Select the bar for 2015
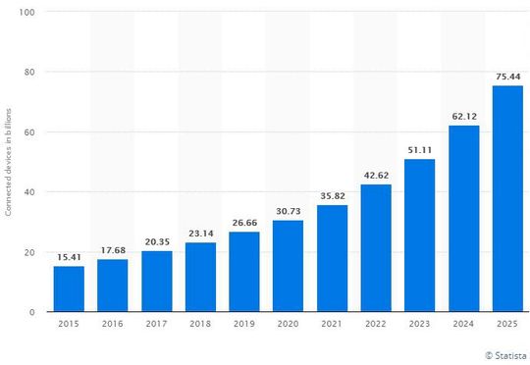click(x=69, y=288)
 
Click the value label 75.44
click(x=506, y=77)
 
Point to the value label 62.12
click(x=463, y=117)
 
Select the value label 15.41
click(x=69, y=257)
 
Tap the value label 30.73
click(x=288, y=211)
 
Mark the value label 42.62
click(x=375, y=176)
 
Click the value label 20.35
click(x=156, y=242)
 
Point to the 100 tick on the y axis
click(x=27, y=12)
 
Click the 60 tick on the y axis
click(x=30, y=131)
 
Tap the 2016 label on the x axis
click(x=113, y=325)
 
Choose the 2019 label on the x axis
click(x=243, y=325)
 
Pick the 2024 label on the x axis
click(x=463, y=325)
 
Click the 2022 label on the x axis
click(x=375, y=325)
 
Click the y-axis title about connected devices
click(x=8, y=162)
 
